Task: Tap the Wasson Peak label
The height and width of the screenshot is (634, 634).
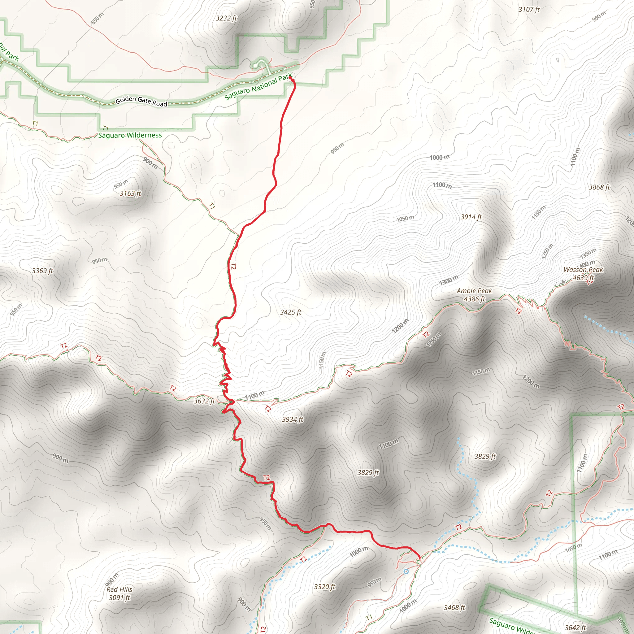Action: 583,270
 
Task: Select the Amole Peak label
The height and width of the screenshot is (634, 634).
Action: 474,291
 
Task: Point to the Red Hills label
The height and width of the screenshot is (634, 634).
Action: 119,589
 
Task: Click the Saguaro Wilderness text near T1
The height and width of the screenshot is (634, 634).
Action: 130,135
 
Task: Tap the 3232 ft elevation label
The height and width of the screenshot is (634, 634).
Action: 226,18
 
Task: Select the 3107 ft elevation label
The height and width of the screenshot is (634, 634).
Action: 529,10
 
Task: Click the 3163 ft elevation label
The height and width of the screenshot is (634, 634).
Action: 130,193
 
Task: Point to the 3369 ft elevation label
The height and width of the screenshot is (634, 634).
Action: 42,271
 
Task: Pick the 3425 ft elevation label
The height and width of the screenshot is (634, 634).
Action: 290,312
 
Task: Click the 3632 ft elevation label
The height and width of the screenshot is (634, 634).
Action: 204,401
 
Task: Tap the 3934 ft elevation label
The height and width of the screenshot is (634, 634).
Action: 292,419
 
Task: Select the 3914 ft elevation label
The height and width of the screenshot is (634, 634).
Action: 471,217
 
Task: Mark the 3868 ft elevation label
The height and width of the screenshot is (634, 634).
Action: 599,187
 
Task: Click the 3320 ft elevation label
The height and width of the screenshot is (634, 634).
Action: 324,587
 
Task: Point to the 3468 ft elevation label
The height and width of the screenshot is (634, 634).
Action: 454,608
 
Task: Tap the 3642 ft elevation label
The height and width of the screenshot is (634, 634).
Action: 575,628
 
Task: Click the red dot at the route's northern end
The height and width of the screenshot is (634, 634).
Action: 290,78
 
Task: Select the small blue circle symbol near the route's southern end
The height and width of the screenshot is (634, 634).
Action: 406,571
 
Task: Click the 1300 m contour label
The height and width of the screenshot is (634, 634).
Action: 448,280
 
